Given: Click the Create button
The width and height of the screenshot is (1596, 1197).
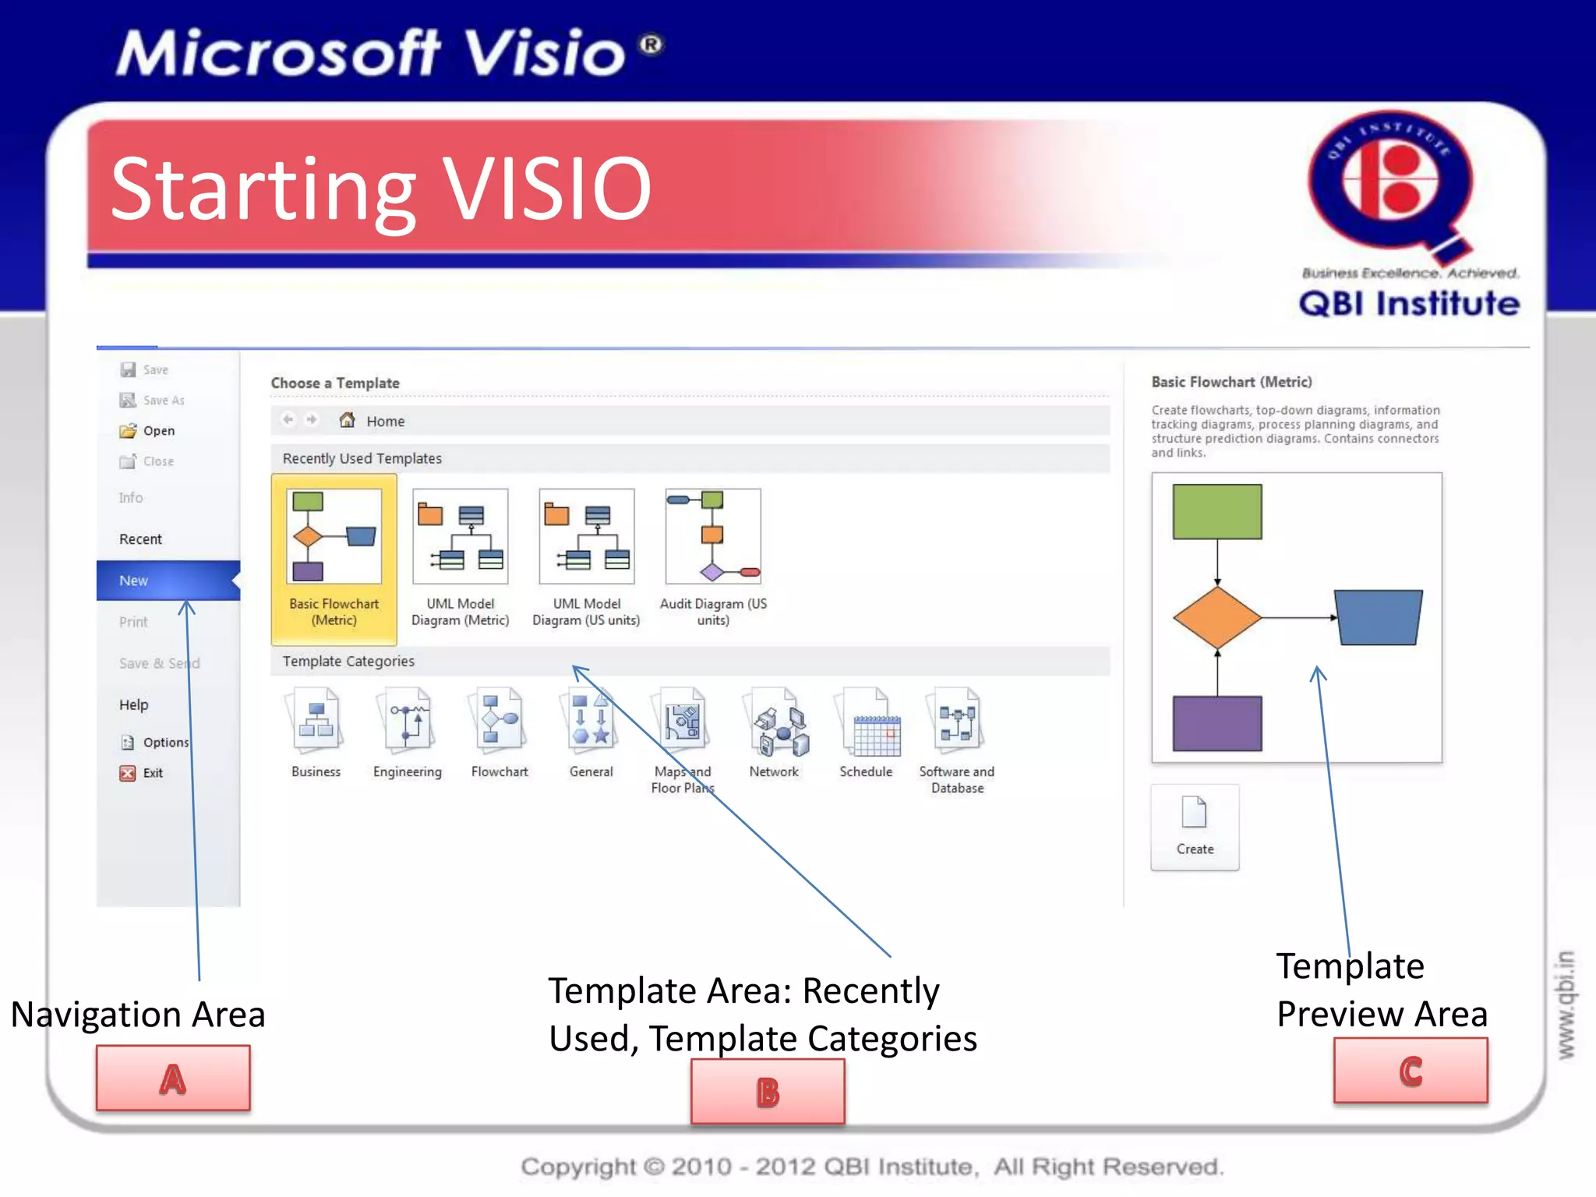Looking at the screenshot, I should pos(1194,826).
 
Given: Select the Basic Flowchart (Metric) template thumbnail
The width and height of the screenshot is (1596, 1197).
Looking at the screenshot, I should pos(334,537).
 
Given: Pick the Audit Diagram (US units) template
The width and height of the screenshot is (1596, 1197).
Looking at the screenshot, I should pos(712,537).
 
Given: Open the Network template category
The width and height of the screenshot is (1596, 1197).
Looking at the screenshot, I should pos(775,725).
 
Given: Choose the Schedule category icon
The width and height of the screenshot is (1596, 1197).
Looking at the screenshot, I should pos(867,725).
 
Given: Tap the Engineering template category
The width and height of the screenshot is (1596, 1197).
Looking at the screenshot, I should pos(407,725).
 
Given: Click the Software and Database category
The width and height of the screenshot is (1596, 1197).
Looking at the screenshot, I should pos(957,725).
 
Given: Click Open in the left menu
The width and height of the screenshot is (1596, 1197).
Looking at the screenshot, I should pos(158,431).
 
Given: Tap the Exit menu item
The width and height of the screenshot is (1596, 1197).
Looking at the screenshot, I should pos(152,773).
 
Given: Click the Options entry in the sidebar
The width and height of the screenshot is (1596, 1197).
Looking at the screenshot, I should pos(164,743).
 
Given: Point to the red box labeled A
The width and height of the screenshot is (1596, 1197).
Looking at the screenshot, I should pos(173,1078).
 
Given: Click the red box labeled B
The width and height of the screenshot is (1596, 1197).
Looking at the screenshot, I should pos(768,1091).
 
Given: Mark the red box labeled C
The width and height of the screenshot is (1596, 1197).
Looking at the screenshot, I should pos(1411,1071).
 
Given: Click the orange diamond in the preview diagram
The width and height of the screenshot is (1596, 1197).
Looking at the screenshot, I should pos(1216,618).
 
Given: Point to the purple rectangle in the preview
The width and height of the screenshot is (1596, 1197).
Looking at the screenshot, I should pos(1216,723).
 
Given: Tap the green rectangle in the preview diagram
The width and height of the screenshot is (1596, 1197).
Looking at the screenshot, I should pos(1216,511).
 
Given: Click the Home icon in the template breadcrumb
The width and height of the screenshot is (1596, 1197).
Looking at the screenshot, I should pos(348,421).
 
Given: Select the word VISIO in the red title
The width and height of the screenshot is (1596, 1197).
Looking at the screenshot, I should pos(547,189).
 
